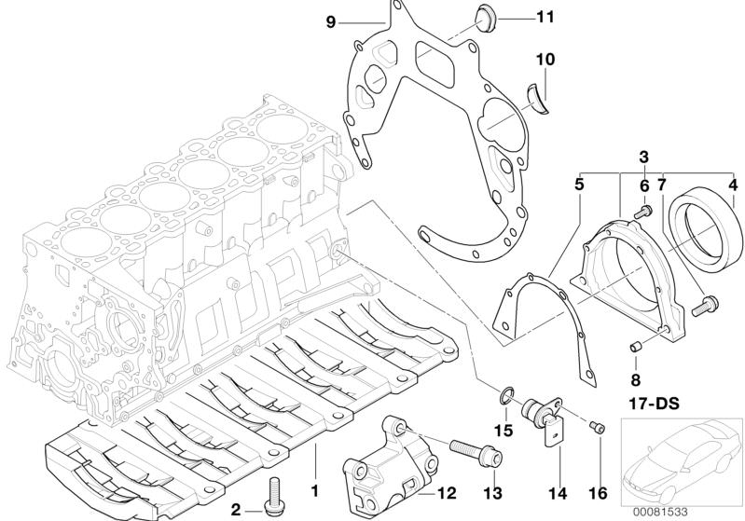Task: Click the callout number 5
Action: [x=579, y=185]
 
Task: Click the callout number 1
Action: [x=314, y=487]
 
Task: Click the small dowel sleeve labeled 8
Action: [x=636, y=348]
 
